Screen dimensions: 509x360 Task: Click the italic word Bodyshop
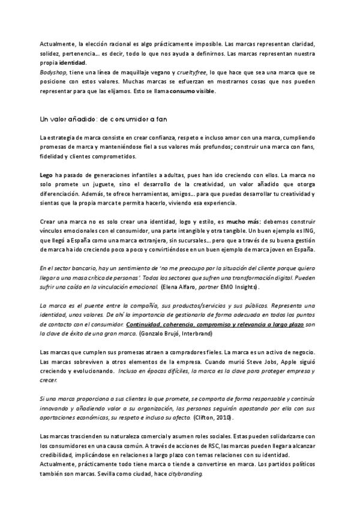[51, 72]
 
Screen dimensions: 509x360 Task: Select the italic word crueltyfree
[191, 72]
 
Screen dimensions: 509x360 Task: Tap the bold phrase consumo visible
[192, 91]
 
